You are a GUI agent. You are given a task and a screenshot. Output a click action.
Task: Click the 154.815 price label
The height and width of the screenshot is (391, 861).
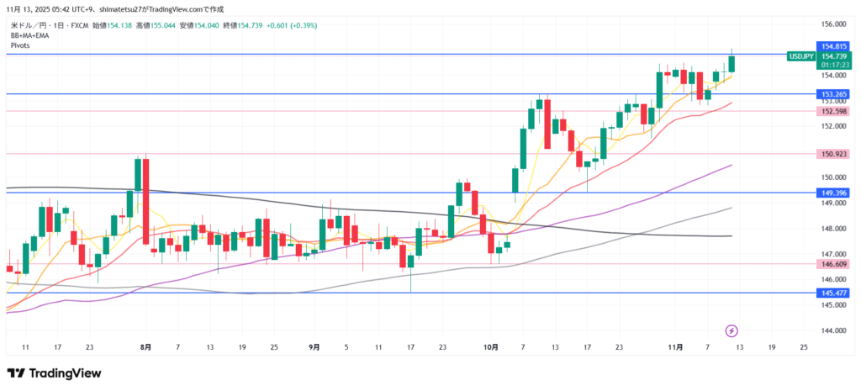(832, 46)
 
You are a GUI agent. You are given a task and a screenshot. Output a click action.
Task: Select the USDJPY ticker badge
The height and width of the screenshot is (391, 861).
(800, 56)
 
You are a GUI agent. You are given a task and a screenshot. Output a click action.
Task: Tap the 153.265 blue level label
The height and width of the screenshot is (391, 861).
(832, 94)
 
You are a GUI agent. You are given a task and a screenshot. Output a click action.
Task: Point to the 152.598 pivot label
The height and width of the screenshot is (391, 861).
(832, 111)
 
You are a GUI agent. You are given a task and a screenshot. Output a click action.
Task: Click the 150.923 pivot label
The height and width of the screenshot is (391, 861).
(832, 154)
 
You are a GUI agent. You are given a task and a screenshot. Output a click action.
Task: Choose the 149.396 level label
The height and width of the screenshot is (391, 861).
(832, 193)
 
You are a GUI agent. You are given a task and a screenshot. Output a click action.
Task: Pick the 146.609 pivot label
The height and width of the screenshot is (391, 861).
(832, 264)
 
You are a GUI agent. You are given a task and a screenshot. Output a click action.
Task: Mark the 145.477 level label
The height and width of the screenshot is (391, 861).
(832, 293)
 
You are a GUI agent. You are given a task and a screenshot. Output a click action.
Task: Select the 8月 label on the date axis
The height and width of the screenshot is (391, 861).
(146, 347)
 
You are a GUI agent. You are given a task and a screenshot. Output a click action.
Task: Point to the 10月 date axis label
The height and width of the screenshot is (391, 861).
(491, 347)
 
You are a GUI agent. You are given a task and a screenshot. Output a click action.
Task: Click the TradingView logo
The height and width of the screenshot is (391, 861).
(54, 373)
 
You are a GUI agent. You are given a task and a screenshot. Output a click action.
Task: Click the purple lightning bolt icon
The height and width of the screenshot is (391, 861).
(732, 330)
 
